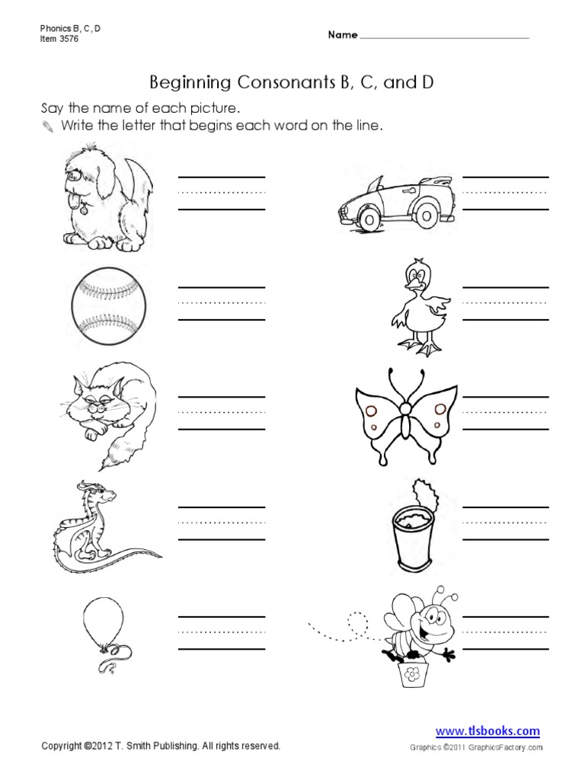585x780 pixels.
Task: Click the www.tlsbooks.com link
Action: (x=487, y=730)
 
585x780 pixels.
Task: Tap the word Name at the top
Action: (x=343, y=36)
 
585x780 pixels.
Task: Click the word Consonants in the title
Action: (x=254, y=82)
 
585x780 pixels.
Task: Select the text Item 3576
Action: (x=60, y=38)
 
